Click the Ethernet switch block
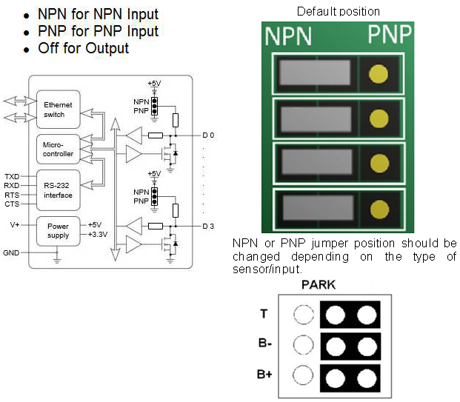pos(58,110)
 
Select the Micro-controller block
pos(58,150)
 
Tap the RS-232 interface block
pos(58,190)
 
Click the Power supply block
pos(58,230)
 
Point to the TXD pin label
pos(12,177)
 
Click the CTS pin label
pos(12,204)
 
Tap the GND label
pos(11,252)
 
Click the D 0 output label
pos(208,136)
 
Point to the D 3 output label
pos(208,226)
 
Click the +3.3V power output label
pos(99,235)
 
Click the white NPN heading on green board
pos(289,36)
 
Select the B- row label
pos(264,345)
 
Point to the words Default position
pos(338,11)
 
